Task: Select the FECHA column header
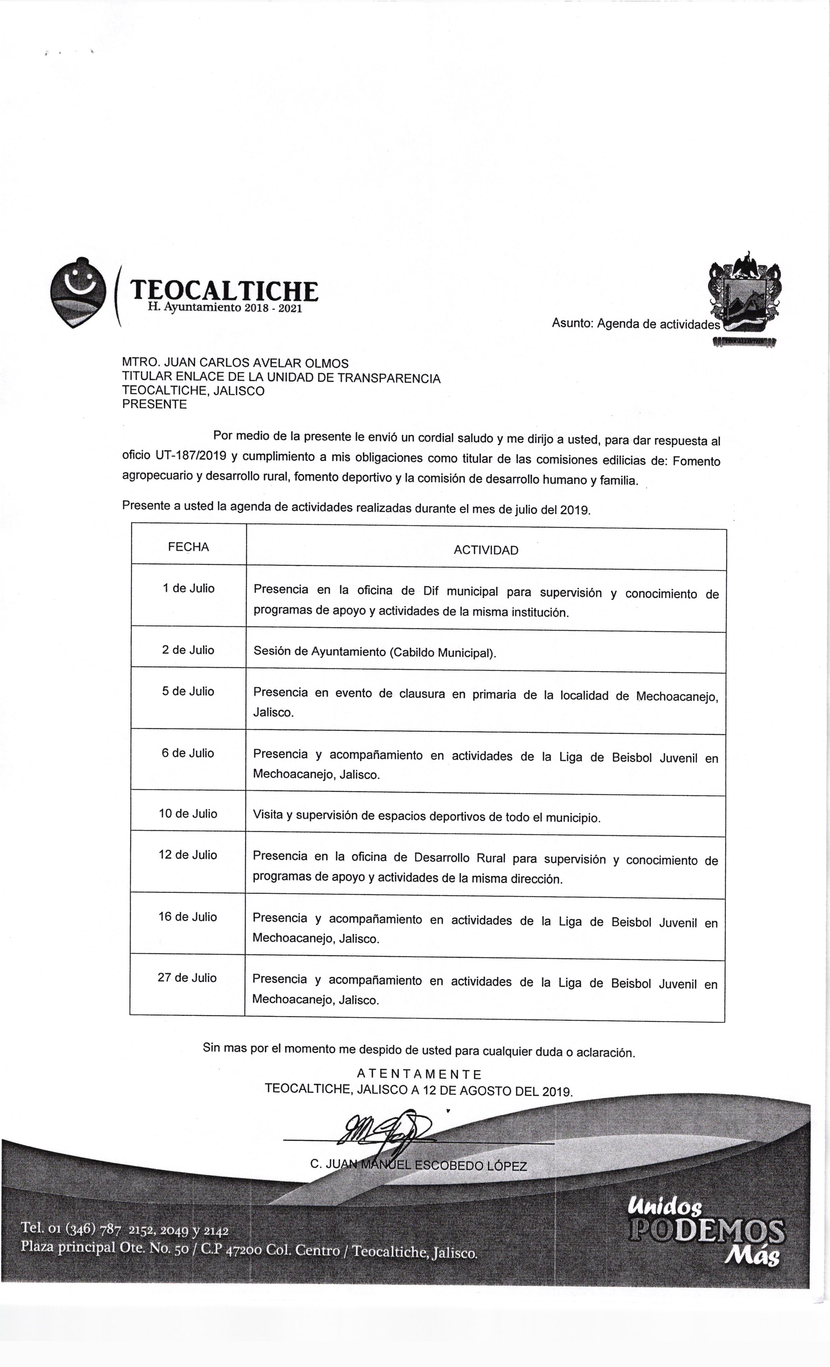(x=188, y=547)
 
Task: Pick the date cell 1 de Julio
(x=188, y=588)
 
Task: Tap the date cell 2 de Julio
(x=188, y=650)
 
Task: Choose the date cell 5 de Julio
(x=188, y=691)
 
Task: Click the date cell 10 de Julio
(x=188, y=814)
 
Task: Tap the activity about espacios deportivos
(x=426, y=817)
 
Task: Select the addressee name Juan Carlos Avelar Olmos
(x=235, y=363)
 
